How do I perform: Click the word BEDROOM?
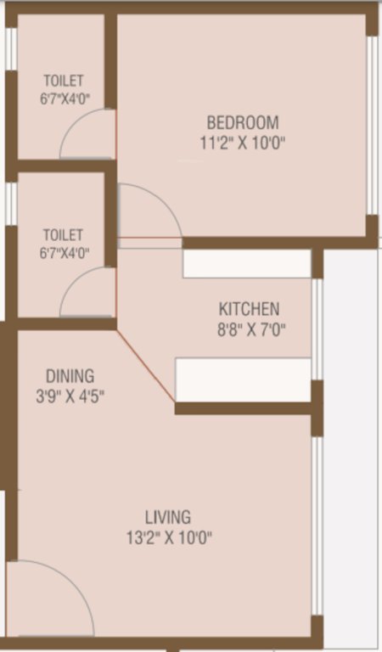tap(242, 122)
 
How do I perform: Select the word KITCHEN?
tap(249, 309)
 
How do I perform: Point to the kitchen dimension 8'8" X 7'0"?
tap(249, 329)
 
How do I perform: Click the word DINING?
tap(70, 375)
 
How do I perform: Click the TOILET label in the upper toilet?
tap(65, 81)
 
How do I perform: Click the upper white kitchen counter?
tap(247, 264)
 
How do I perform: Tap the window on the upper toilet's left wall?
tap(10, 51)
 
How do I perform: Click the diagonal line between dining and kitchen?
tap(146, 366)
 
